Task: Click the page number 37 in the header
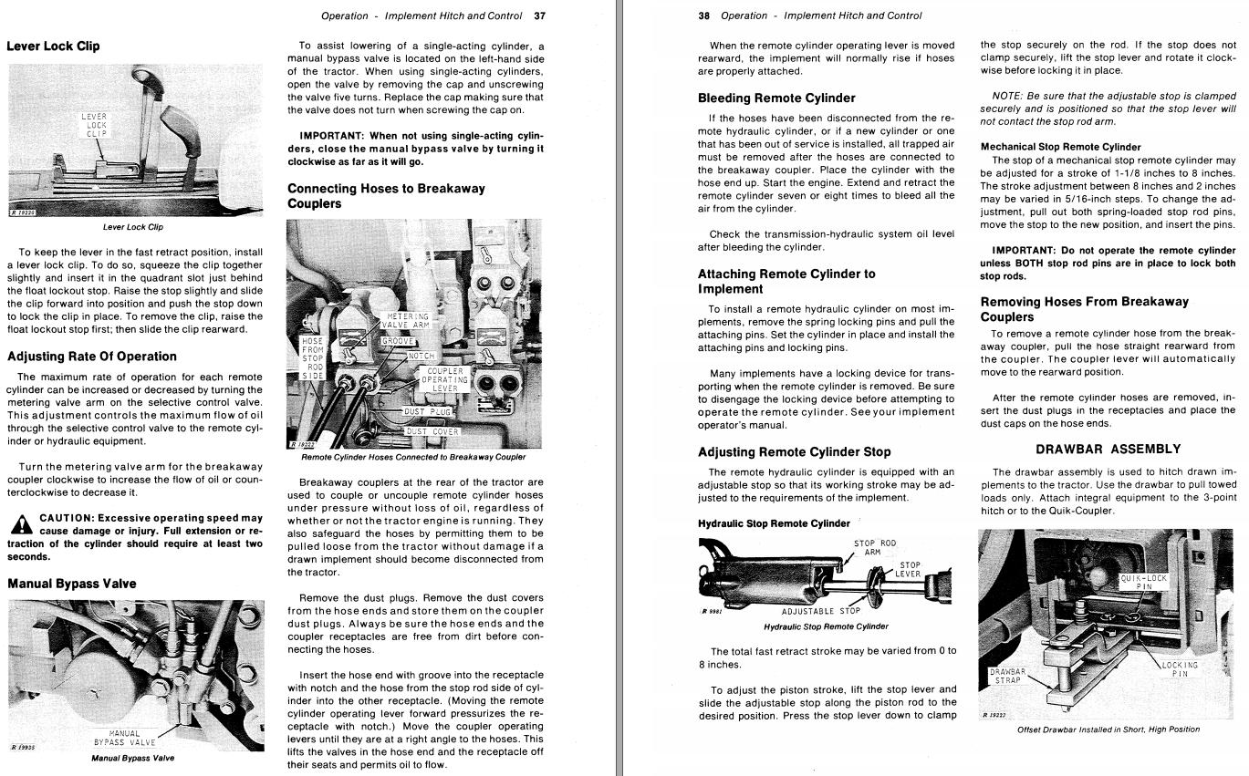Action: (x=539, y=16)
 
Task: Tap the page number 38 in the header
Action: (x=703, y=16)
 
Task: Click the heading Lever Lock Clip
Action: (x=53, y=47)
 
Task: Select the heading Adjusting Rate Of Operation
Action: (x=92, y=357)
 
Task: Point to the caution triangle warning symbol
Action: (x=21, y=524)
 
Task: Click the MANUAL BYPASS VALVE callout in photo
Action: (x=125, y=738)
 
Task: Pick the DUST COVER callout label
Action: (x=432, y=431)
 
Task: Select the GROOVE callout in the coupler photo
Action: (x=399, y=341)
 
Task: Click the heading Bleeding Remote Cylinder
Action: (x=776, y=98)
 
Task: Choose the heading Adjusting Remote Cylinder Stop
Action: (x=794, y=452)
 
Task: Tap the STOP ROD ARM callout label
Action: (x=874, y=548)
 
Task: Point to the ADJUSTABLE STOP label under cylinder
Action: (x=820, y=611)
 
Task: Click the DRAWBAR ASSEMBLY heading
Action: (x=1108, y=450)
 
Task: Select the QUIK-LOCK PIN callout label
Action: (x=1143, y=583)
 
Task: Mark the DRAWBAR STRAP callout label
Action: (x=1007, y=677)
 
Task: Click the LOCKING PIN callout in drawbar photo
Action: (x=1180, y=669)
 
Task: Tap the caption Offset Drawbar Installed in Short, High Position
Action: (x=1108, y=729)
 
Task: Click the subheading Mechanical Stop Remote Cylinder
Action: (x=1060, y=147)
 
